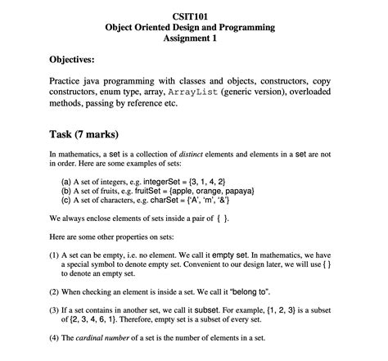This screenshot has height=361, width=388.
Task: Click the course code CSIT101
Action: [194, 16]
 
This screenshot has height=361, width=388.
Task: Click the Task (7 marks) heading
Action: [83, 134]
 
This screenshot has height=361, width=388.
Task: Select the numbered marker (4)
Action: [54, 338]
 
